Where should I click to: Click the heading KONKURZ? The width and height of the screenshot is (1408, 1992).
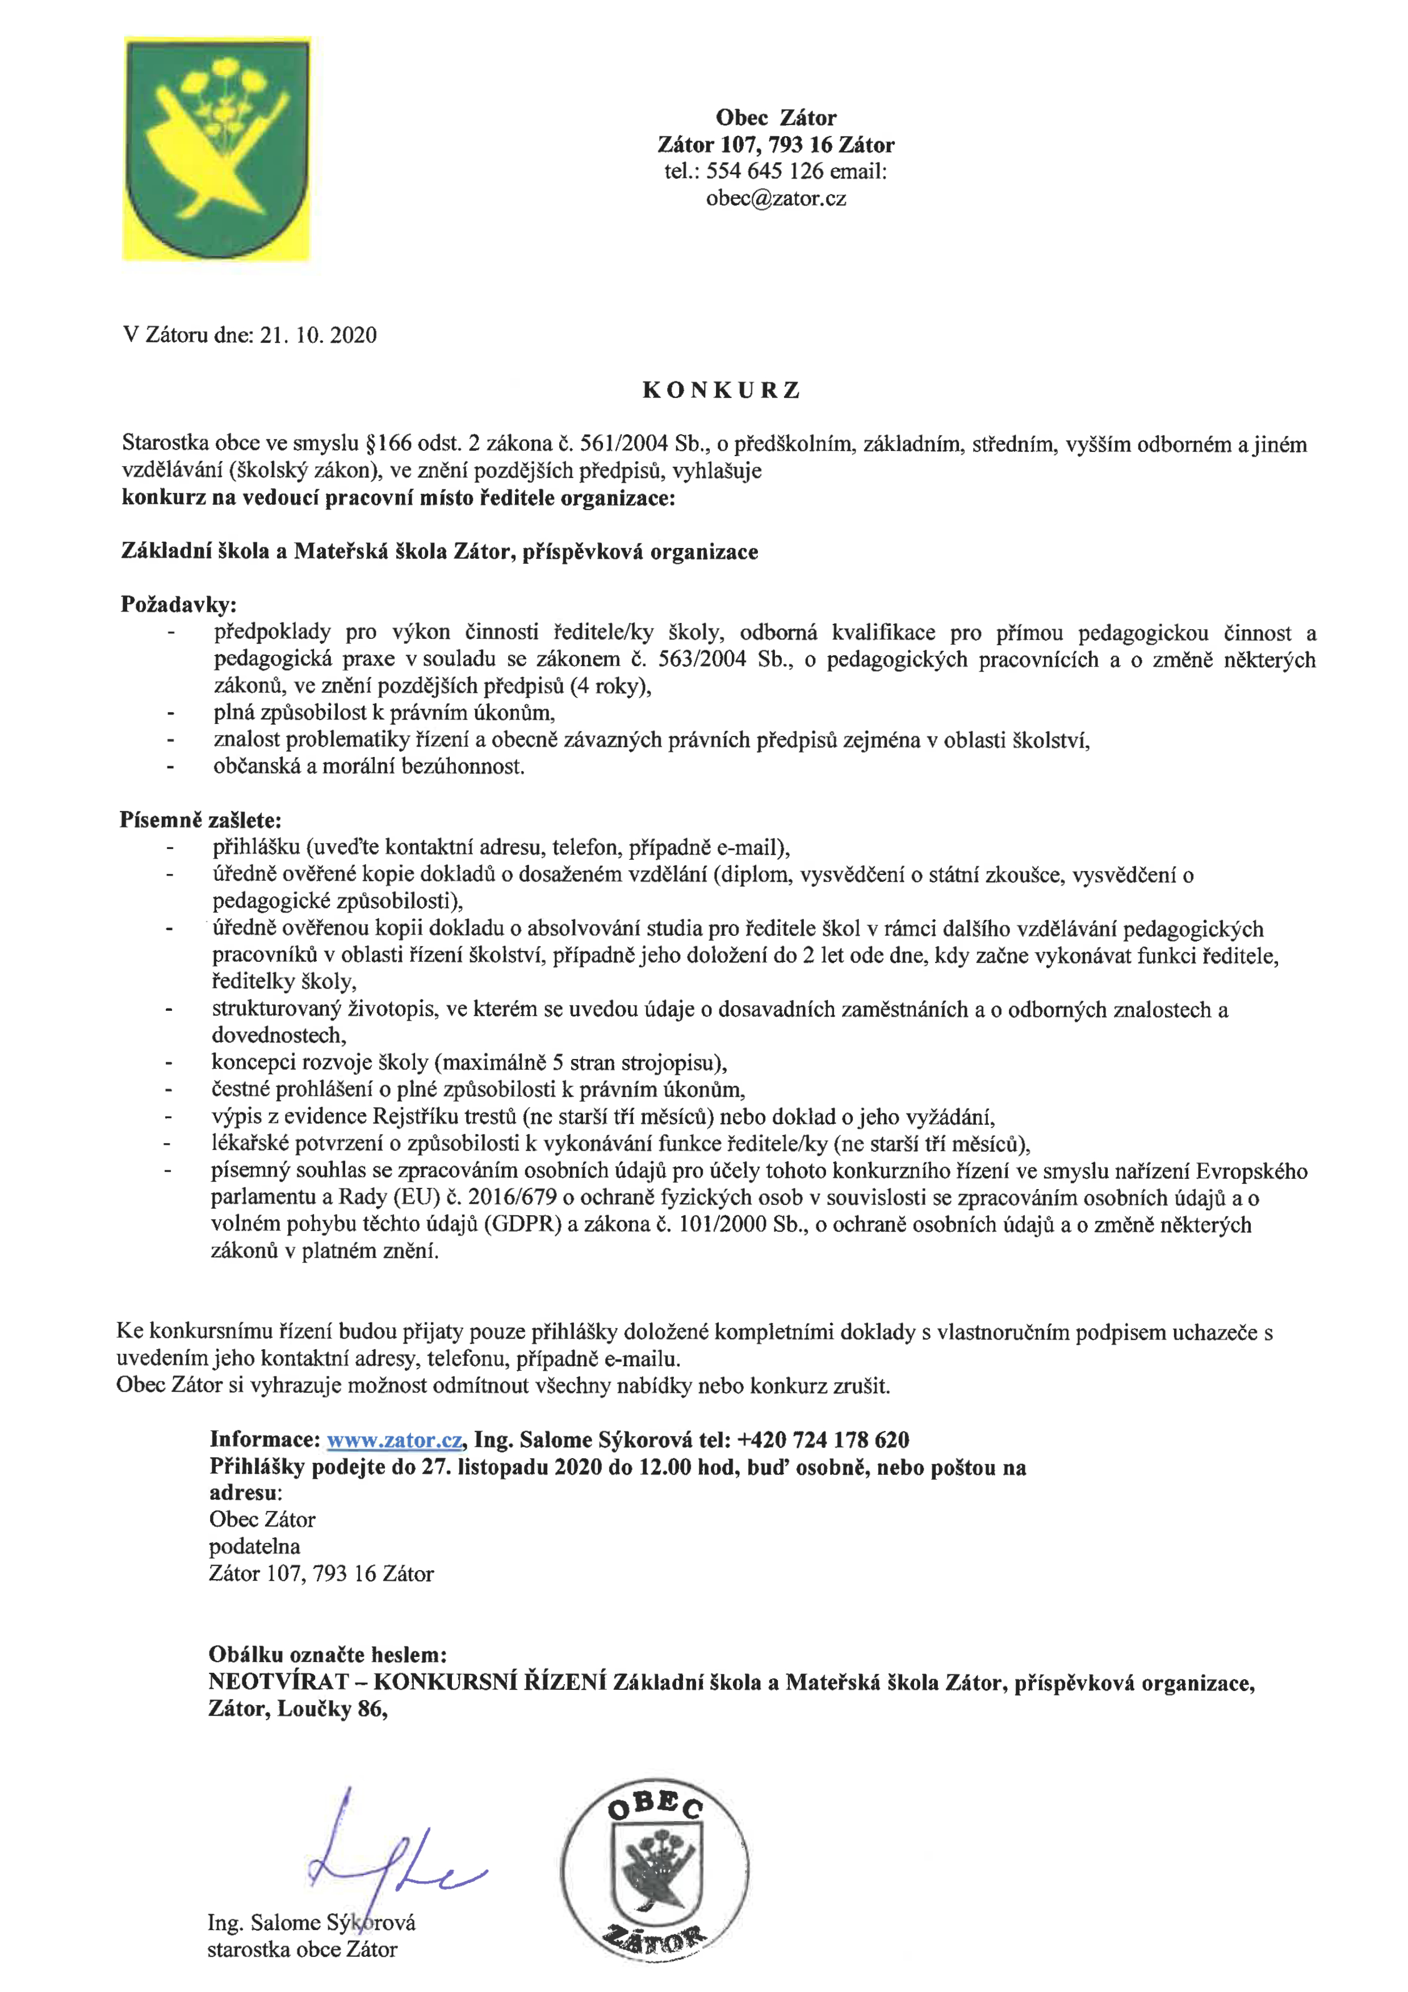721,391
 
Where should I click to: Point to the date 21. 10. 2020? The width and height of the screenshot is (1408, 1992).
319,336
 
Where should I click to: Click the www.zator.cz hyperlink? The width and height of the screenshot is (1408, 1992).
394,1440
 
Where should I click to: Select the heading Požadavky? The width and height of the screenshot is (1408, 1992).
178,605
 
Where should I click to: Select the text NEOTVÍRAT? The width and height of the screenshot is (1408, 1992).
278,1683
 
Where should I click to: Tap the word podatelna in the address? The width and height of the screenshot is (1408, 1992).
254,1546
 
